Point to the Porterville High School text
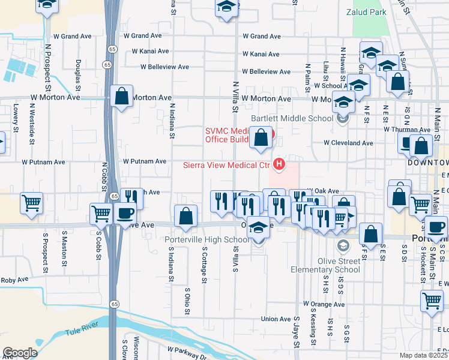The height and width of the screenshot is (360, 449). click(207, 240)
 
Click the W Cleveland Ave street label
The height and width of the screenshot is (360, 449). click(348, 143)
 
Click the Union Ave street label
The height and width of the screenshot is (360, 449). click(276, 319)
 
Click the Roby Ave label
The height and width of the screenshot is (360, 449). click(15, 280)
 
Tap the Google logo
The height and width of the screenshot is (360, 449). click(20, 352)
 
